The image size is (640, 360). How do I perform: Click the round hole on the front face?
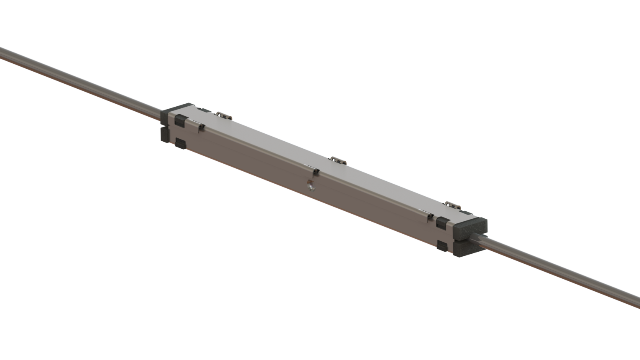click(x=310, y=185)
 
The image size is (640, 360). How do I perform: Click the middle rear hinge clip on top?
click(x=338, y=160)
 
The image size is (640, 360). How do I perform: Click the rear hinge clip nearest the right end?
click(x=452, y=205)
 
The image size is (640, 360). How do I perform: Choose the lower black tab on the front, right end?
click(x=441, y=246)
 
